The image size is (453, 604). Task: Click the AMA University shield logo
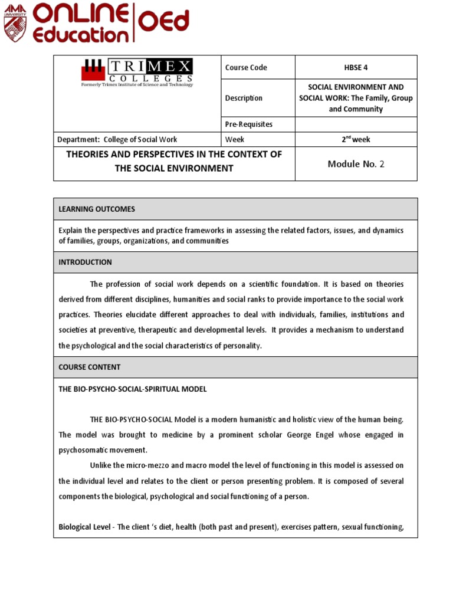[16, 22]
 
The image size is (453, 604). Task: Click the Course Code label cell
[246, 67]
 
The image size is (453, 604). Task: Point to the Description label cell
[244, 98]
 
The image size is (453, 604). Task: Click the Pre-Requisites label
[249, 124]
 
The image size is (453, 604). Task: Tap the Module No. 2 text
[355, 164]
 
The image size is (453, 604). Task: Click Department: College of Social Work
[117, 140]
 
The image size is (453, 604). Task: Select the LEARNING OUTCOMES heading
[97, 209]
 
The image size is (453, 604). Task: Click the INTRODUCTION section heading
[85, 262]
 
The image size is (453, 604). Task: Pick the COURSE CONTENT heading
[89, 367]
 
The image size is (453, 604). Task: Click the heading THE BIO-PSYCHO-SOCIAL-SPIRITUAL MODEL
[132, 389]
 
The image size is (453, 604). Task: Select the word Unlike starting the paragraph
[101, 466]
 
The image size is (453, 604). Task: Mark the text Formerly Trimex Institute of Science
[136, 85]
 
